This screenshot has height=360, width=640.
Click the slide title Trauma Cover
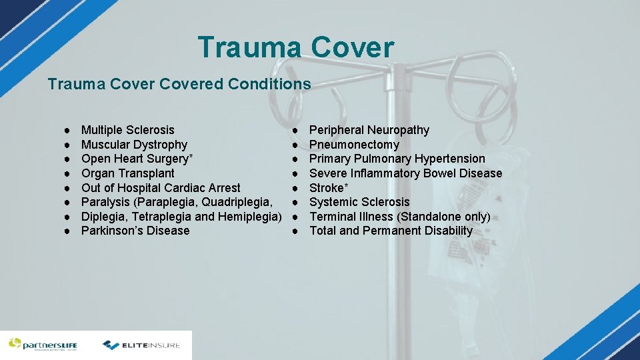point(295,47)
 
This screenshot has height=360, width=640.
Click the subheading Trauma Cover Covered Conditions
point(179,84)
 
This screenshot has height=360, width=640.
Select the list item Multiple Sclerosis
point(127,130)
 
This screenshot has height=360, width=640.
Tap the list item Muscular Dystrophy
point(134,145)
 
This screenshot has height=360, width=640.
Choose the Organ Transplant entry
point(127,173)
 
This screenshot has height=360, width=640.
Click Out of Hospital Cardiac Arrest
point(161,188)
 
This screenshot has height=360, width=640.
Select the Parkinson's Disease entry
point(135,231)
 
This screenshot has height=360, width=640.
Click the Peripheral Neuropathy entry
point(369,130)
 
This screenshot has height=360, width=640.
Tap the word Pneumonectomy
point(354,145)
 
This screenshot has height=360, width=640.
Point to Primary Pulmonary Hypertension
point(397,159)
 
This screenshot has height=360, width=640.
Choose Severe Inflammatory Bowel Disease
point(405,173)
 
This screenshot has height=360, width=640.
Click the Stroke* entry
point(329,188)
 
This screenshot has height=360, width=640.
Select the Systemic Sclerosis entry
point(359,202)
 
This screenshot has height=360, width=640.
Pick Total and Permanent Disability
point(391,231)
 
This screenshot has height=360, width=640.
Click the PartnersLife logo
point(43,345)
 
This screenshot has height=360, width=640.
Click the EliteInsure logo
point(141,345)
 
